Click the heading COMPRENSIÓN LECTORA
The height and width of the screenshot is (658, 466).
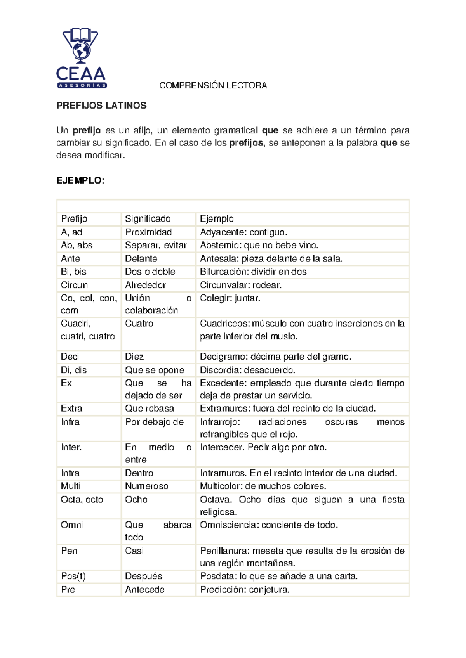click(x=213, y=86)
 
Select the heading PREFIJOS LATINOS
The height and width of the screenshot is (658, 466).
click(x=101, y=106)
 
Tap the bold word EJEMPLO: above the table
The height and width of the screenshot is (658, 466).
click(x=80, y=180)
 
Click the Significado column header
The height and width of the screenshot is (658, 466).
click(x=148, y=219)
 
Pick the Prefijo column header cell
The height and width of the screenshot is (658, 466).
click(x=74, y=219)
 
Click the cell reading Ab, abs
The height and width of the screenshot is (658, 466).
click(x=77, y=245)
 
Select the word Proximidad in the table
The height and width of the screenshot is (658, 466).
click(x=148, y=232)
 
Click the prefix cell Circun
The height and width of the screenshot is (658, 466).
click(x=74, y=285)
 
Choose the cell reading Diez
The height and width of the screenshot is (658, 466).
click(x=134, y=357)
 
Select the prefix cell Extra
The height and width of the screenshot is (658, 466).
click(x=71, y=409)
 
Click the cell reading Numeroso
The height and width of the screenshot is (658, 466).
click(x=146, y=486)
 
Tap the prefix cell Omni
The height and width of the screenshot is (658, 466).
click(x=72, y=525)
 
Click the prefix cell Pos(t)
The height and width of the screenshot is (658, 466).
click(x=73, y=576)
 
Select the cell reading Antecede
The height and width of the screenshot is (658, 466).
click(x=144, y=590)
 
